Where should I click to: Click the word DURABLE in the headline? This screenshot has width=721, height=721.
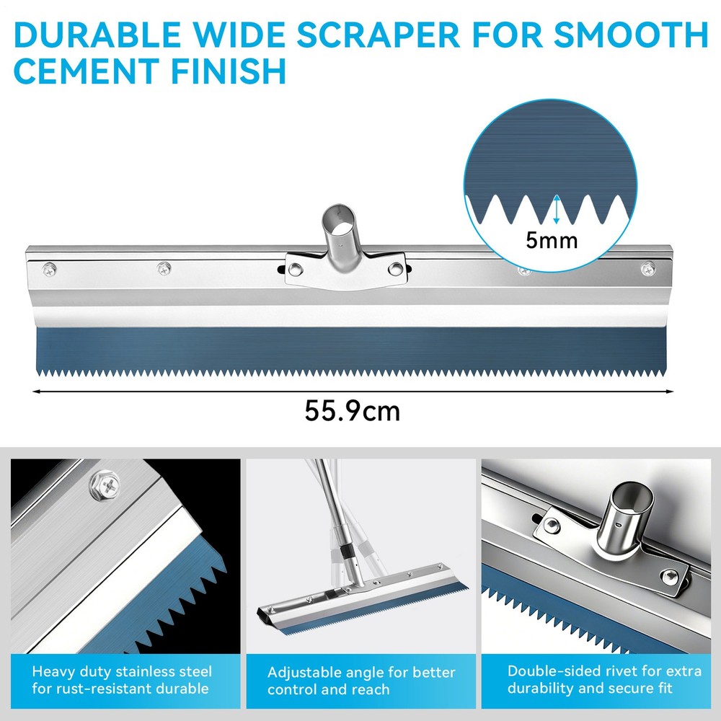[x=97, y=35]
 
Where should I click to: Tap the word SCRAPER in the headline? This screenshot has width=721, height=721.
[x=378, y=35]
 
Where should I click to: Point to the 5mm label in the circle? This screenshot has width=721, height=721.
[x=552, y=241]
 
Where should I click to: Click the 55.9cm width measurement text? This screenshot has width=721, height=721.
[x=353, y=411]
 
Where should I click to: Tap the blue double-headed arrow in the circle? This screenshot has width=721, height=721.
[x=557, y=209]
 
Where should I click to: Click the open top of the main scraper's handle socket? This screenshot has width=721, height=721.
[x=339, y=218]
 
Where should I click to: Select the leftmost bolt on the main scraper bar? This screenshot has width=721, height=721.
[x=49, y=270]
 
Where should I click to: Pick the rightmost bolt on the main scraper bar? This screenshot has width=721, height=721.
[x=648, y=268]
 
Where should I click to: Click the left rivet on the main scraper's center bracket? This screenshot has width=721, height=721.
[x=295, y=269]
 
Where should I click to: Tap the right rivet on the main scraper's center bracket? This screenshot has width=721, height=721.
[x=395, y=268]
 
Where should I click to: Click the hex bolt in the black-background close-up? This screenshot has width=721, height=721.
[x=105, y=485]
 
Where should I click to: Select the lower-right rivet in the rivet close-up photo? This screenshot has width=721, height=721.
[x=670, y=577]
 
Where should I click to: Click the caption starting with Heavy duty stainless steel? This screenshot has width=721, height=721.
[x=122, y=680]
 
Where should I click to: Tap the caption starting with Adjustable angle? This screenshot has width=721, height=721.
[x=361, y=681]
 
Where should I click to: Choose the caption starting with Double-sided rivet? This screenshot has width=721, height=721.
[x=604, y=680]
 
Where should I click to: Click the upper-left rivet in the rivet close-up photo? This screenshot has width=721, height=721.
[x=552, y=525]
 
